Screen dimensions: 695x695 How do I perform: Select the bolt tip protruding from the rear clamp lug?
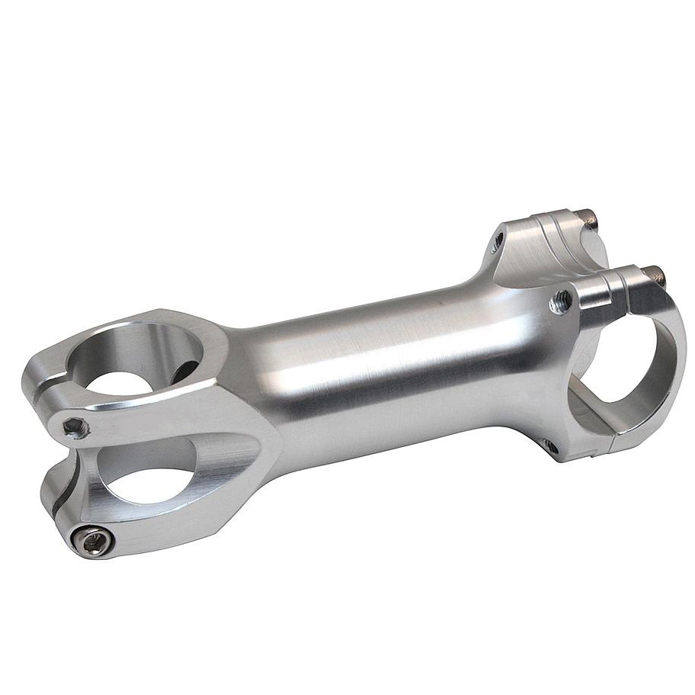coord(589,219)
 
